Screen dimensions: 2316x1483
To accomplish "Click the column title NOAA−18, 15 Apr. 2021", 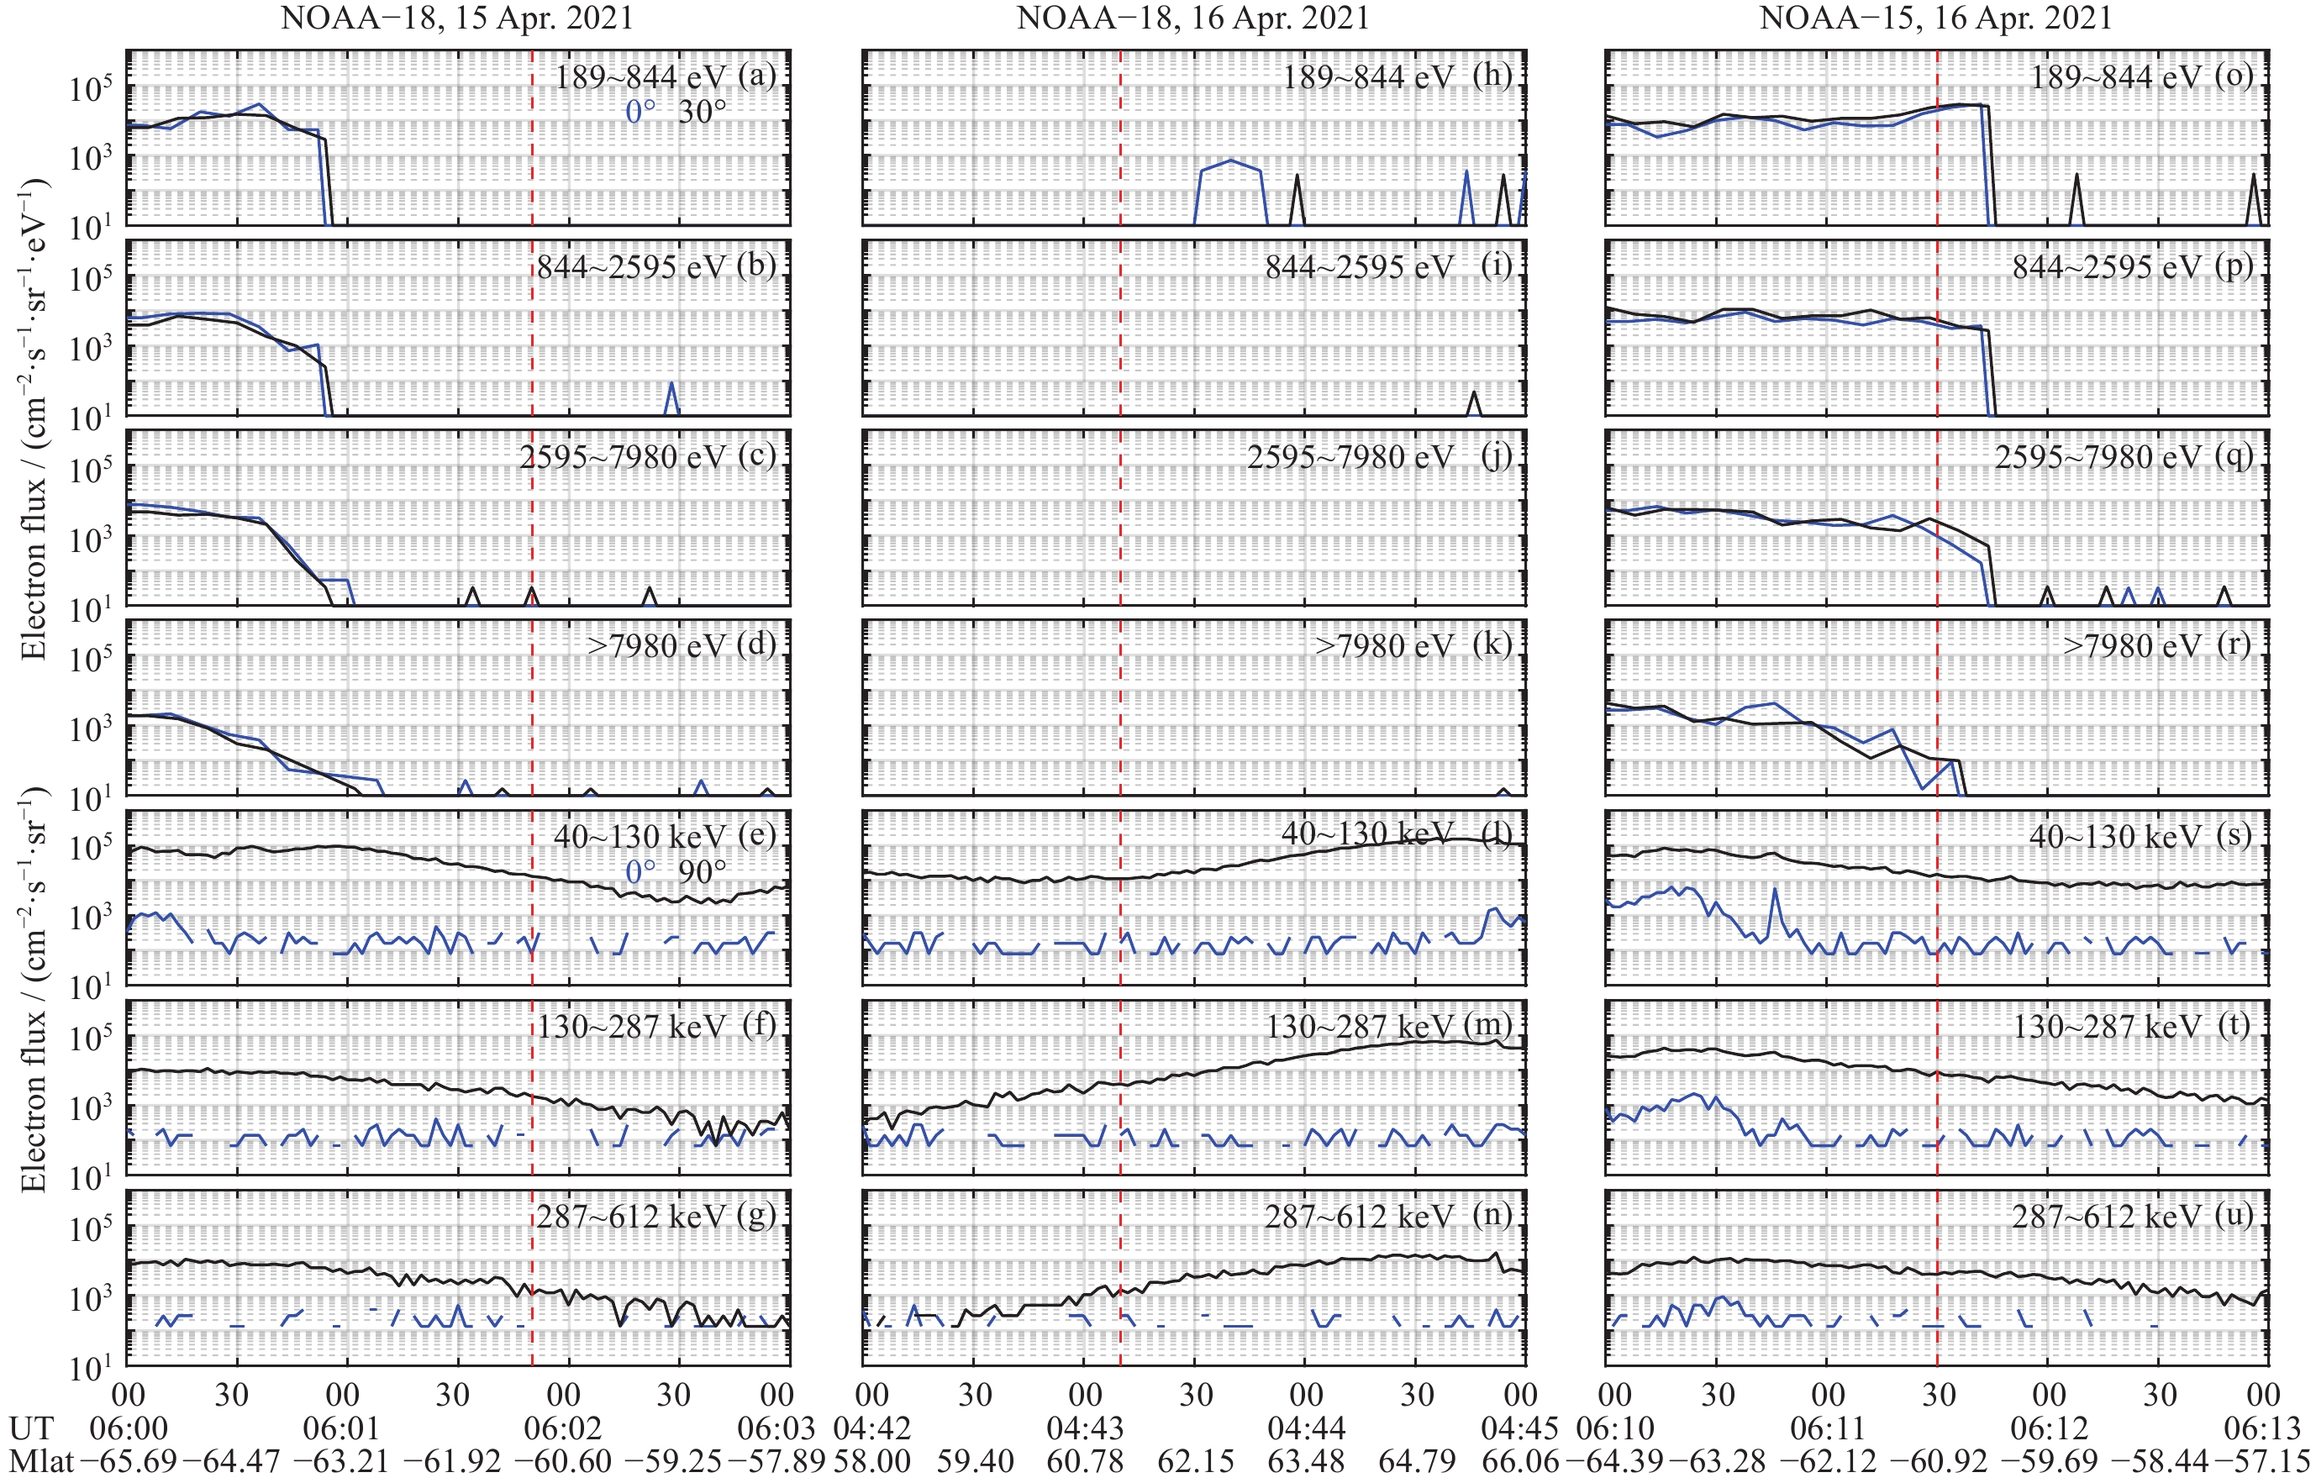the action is click(456, 18).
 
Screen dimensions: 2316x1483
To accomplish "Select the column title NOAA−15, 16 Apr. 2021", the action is click(1935, 18).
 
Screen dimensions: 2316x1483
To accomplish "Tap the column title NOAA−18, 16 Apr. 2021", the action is click(1193, 18).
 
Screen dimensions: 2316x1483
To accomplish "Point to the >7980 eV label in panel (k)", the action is click(1385, 645).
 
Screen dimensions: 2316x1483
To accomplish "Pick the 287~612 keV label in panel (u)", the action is click(2107, 1217).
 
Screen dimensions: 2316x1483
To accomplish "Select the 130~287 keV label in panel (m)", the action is click(1360, 1027).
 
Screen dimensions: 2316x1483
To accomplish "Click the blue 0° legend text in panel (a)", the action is click(640, 112).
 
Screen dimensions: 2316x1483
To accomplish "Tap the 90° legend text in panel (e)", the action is click(702, 871).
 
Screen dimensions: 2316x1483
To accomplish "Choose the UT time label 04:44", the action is click(1306, 1428).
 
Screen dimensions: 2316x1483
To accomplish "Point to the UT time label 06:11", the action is click(1828, 1428).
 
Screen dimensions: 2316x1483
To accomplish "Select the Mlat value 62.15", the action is click(1195, 1461).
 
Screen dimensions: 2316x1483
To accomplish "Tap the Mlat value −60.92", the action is click(1939, 1461).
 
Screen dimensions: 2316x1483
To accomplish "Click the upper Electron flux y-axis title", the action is click(34, 419).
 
